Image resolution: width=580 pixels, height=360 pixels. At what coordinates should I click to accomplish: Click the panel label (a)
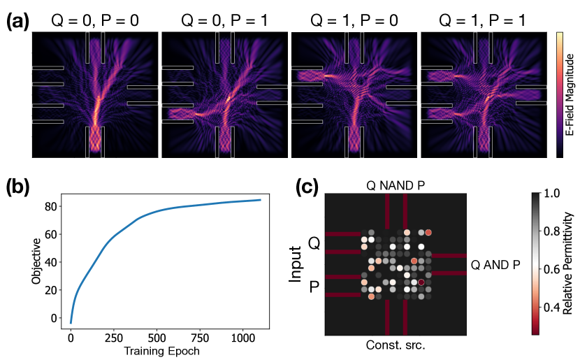tap(17, 21)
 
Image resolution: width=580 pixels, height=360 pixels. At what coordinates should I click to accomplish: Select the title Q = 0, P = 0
tap(95, 20)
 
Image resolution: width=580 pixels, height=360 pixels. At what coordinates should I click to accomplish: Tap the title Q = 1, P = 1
tap(482, 20)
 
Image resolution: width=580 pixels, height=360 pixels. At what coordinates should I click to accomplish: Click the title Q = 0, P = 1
tap(224, 20)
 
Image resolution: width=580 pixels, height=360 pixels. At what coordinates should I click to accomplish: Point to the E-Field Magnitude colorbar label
tap(570, 94)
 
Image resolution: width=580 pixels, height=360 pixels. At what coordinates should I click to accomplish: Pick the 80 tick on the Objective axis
tap(51, 206)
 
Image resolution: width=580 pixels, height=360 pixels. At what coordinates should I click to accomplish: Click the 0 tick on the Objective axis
tap(54, 318)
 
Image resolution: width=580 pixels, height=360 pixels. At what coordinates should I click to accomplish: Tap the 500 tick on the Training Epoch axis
tap(157, 338)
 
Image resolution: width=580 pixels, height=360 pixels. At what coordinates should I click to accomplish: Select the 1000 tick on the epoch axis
tap(243, 338)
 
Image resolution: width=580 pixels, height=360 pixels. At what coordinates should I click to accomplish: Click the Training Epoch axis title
tap(161, 351)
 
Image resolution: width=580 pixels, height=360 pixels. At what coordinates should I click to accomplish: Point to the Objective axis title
tap(36, 261)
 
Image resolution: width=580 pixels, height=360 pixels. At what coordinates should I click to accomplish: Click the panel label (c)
tap(307, 187)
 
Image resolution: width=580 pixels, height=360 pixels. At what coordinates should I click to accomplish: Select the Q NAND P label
tap(396, 185)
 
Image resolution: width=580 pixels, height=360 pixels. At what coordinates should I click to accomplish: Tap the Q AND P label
tap(495, 265)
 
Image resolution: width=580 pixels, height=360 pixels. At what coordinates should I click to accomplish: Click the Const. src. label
tap(396, 345)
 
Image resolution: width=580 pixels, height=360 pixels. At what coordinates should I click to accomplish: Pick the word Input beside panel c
tap(296, 264)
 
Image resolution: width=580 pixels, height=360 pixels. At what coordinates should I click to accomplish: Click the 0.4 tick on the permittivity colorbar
tap(551, 307)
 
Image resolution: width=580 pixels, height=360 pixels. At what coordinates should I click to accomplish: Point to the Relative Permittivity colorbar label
tap(568, 264)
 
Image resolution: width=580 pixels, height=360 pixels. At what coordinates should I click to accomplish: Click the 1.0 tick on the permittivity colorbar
tap(551, 193)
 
